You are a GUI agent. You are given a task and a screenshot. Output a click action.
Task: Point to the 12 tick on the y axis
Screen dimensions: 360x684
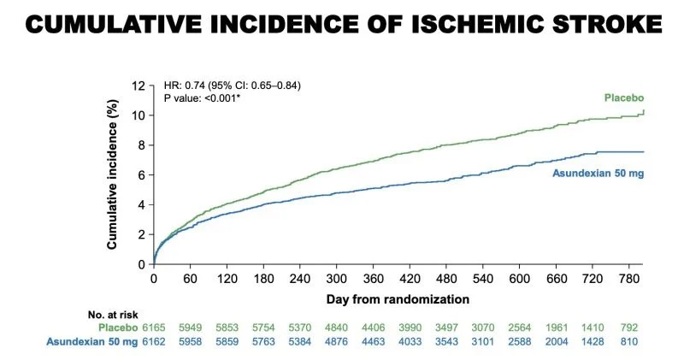(138, 86)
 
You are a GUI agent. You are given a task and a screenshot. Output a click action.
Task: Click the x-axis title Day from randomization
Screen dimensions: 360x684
(398, 299)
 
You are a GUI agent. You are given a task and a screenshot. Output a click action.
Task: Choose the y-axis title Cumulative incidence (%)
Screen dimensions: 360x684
(112, 174)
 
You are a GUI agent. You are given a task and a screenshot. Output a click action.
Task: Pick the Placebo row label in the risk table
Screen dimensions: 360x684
(123, 328)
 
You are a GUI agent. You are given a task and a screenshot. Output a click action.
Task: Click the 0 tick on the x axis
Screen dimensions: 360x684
(154, 279)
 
